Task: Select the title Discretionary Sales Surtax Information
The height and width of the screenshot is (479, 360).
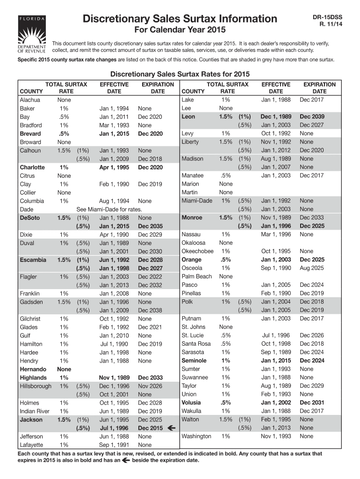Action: point(180,19)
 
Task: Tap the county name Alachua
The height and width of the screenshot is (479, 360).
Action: point(30,100)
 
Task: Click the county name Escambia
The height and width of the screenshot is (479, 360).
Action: point(33,260)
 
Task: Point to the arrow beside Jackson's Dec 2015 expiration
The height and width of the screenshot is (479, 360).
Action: point(171,428)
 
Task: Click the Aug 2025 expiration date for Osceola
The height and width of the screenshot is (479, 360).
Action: point(311,268)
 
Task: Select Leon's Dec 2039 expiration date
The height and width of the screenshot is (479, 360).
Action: point(311,116)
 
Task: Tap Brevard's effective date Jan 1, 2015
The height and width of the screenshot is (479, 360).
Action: point(114,133)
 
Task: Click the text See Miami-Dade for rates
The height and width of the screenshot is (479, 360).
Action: point(109,209)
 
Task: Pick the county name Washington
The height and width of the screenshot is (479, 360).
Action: point(196,436)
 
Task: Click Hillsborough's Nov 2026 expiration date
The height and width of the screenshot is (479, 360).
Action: point(150,386)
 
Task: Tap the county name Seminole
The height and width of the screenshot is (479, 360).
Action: point(194,361)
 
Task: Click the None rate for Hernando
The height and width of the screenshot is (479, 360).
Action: point(64,369)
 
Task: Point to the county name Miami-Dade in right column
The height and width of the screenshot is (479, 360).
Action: point(196,201)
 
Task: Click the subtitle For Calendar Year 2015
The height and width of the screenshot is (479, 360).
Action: point(180,31)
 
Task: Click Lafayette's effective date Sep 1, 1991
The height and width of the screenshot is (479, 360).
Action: point(114,445)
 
